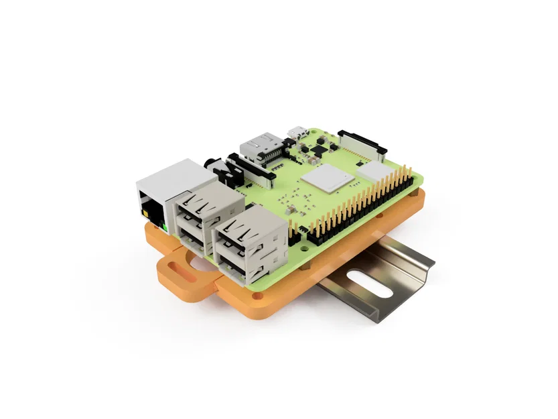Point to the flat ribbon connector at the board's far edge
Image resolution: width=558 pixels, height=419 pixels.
362,141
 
